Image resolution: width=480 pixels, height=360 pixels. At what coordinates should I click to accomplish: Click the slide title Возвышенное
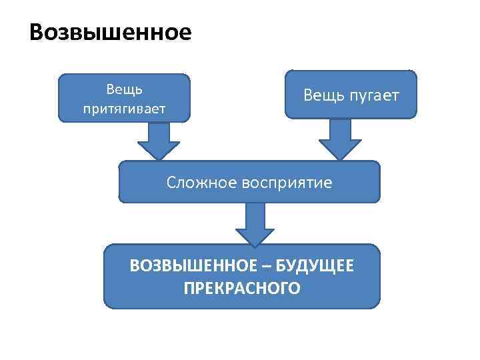[111, 33]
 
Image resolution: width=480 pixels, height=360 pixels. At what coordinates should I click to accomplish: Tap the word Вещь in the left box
[124, 89]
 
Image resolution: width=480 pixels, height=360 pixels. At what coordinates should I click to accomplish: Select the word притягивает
[124, 108]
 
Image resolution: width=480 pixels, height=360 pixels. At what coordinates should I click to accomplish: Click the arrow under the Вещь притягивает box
[159, 141]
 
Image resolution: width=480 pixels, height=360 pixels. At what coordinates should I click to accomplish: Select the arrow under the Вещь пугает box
[340, 139]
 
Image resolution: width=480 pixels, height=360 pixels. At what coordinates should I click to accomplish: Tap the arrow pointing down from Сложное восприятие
[255, 224]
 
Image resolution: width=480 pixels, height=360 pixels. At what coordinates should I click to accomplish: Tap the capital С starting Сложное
[171, 182]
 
